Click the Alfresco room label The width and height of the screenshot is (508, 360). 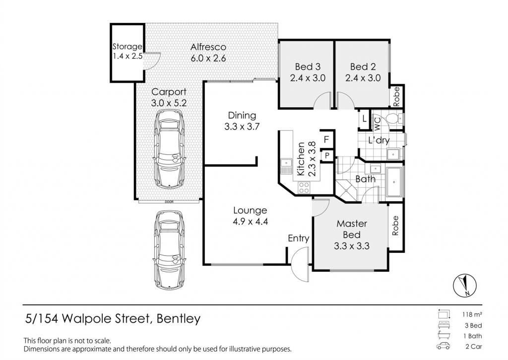[208, 47]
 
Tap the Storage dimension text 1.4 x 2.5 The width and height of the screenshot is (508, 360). [127, 56]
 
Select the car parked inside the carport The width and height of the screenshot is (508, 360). [169, 148]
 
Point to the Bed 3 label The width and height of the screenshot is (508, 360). [308, 67]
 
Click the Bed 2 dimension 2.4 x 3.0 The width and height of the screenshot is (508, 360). [363, 78]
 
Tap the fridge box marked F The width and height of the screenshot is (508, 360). [326, 139]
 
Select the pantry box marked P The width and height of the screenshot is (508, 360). [327, 156]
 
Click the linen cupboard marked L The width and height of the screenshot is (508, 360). [364, 119]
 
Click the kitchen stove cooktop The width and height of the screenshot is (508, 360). [304, 188]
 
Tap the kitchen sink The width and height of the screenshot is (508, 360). [286, 165]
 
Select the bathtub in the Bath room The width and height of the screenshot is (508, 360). [394, 182]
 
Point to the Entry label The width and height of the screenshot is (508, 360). [298, 238]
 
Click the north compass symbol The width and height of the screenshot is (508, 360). [464, 285]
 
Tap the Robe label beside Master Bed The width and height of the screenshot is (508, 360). [395, 225]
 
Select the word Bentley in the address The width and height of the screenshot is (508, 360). [179, 319]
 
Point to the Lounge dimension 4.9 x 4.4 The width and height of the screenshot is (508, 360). [250, 222]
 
